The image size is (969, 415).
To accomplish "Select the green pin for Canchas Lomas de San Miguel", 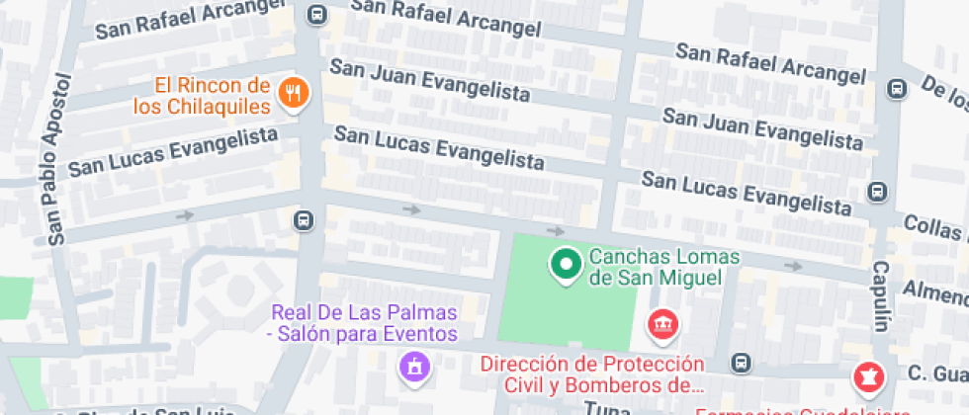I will pos(566,264).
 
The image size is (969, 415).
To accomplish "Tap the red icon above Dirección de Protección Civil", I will pos(661,323).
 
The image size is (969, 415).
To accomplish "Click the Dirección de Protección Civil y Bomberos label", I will pos(591,373).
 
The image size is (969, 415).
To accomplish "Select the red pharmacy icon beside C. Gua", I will pos(866,375).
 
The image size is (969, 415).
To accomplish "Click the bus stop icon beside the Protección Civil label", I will pos(741,363).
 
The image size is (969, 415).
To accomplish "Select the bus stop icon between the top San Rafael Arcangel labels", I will pos(316,15).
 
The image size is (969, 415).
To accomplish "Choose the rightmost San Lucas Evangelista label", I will pos(747,193).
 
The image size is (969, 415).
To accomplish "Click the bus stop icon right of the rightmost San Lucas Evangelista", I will pos(876,191).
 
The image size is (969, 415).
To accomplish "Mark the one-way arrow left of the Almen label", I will pos(792,266).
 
